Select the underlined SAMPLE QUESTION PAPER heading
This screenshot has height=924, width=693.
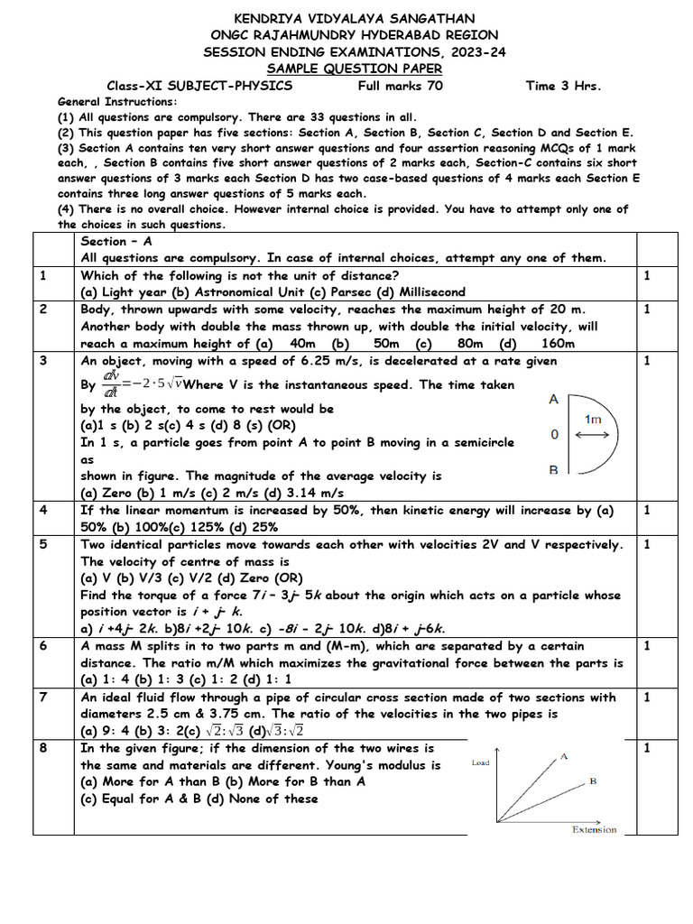355,69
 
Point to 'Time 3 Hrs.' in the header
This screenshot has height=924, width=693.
563,86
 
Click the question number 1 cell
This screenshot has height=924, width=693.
43,275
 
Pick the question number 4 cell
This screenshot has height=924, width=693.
43,510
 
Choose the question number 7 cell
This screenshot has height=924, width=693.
43,698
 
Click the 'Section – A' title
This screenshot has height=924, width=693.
116,241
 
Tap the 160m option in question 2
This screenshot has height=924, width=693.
558,344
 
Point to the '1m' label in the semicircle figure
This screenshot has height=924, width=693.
594,420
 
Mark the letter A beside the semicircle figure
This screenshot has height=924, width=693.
553,399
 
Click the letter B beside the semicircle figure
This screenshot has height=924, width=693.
553,470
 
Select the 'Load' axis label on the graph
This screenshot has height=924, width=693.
481,762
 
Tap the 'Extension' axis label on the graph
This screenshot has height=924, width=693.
594,830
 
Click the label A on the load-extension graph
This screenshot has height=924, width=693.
564,756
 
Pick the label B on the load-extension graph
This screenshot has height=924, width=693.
594,782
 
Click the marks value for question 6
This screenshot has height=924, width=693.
646,646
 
